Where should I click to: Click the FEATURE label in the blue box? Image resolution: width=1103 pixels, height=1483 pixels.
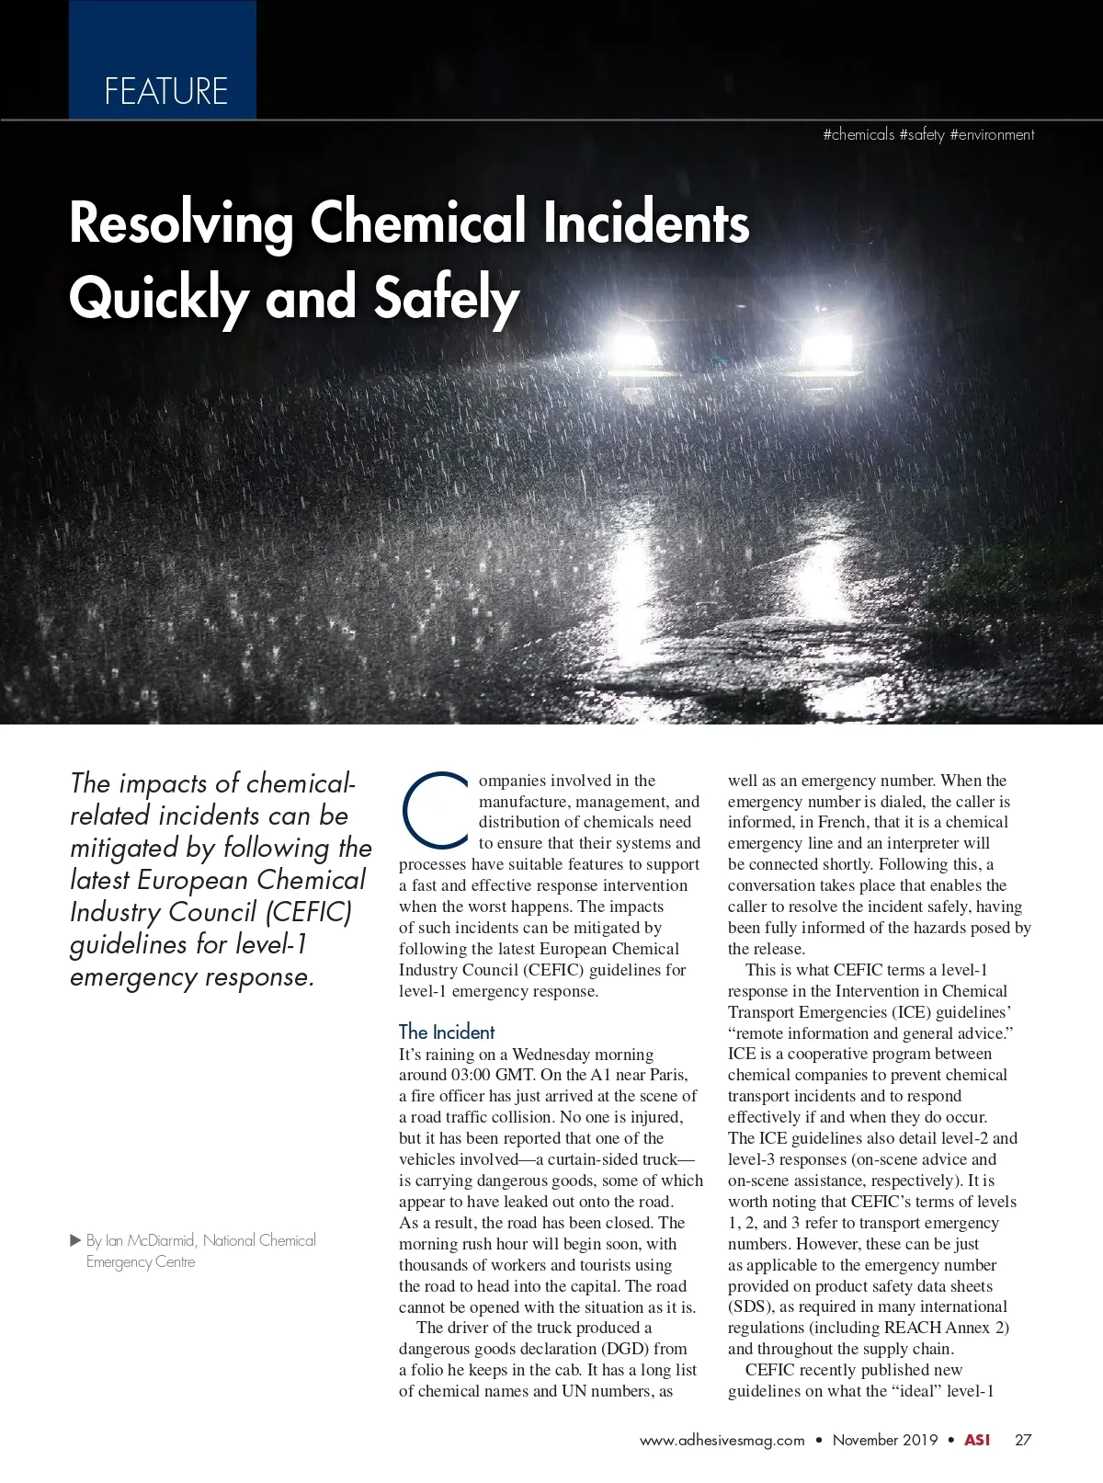coord(165,92)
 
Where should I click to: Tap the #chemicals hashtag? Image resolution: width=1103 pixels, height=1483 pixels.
coord(859,135)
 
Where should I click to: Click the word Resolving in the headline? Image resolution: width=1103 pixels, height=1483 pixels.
coord(181,223)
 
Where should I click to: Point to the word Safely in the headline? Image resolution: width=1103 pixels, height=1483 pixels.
coord(447,299)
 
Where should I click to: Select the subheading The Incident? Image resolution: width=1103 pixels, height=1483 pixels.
coord(447,1032)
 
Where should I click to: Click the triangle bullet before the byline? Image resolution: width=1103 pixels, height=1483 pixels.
coord(76,1240)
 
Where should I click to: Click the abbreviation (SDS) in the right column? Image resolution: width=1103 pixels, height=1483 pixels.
coord(751,1306)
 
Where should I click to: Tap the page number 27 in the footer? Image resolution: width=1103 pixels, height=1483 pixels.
coord(1023,1440)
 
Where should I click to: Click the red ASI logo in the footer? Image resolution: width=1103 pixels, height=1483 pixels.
coord(977,1440)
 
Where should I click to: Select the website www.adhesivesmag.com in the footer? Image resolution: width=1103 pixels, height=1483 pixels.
coord(722,1440)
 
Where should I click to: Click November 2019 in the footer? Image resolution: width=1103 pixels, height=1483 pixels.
coord(885,1440)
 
